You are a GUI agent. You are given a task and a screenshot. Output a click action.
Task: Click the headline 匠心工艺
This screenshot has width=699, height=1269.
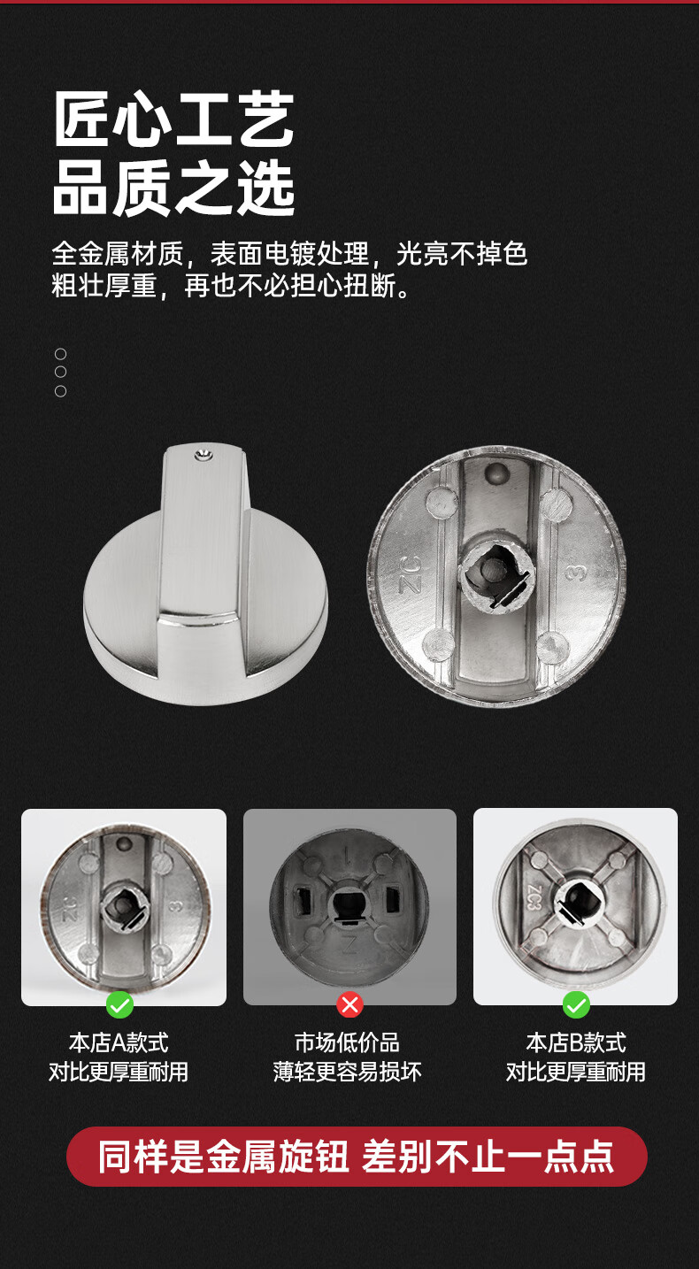173,120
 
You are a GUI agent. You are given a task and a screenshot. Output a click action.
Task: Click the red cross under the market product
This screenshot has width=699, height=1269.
350,1004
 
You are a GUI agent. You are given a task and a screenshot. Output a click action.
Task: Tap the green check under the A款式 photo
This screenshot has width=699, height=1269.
119,1004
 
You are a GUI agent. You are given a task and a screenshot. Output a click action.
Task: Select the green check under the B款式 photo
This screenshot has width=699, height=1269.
576,1004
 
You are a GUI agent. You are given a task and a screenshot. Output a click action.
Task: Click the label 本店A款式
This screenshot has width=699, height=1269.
119,1042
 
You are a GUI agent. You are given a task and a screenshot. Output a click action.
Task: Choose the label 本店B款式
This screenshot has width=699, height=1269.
576,1042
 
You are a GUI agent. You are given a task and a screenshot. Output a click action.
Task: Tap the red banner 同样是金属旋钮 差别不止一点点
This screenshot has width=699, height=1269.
357,1157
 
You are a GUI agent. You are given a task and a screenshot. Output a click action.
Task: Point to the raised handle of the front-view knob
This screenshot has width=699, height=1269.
202,540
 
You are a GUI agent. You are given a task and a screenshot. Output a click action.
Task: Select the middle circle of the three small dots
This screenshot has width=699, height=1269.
60,372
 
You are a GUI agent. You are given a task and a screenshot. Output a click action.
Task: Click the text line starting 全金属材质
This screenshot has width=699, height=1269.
289,254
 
